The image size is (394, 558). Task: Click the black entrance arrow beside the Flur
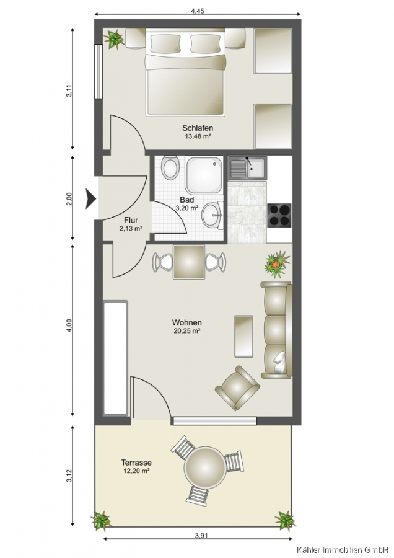click(90, 198)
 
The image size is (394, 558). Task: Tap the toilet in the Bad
click(170, 167)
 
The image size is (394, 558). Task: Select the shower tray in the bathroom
click(204, 175)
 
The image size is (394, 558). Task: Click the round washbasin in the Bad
click(212, 215)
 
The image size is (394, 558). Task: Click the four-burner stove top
click(279, 215)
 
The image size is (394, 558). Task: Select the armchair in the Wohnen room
click(237, 388)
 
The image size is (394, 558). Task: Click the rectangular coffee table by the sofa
click(243, 336)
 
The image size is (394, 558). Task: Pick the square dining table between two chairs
click(189, 262)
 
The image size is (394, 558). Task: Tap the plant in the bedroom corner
click(114, 39)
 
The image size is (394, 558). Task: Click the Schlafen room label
click(198, 128)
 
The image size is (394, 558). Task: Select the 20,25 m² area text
click(186, 330)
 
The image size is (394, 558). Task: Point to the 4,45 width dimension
click(198, 11)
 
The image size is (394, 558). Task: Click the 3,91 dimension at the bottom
click(201, 544)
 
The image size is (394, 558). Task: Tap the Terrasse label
click(136, 463)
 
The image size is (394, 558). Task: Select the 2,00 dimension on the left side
click(70, 198)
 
